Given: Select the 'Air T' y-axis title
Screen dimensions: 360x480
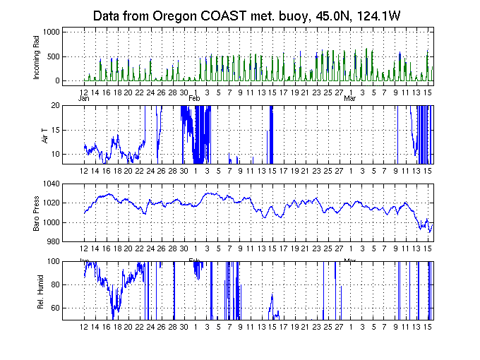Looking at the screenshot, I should click(x=43, y=134).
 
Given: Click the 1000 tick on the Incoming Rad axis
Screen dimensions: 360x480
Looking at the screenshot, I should click(x=50, y=32).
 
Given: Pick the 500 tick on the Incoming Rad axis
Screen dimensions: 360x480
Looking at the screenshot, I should click(x=53, y=56).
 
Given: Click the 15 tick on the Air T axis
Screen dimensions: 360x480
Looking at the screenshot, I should click(x=55, y=130).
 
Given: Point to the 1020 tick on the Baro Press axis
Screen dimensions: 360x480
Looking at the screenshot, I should click(x=50, y=203).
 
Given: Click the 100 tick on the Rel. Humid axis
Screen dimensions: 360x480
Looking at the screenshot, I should click(x=53, y=261).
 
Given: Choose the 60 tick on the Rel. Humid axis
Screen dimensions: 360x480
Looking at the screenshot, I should click(x=55, y=308).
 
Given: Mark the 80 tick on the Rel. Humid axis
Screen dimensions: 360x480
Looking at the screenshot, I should click(x=55, y=285).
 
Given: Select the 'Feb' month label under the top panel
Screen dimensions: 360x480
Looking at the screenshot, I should click(x=194, y=98).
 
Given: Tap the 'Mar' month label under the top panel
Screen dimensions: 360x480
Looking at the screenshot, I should click(x=349, y=98).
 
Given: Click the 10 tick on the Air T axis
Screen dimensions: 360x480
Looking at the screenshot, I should click(x=55, y=154).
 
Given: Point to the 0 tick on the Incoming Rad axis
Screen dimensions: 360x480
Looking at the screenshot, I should click(x=57, y=80).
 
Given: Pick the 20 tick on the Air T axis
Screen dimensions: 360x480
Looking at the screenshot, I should click(x=55, y=106).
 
